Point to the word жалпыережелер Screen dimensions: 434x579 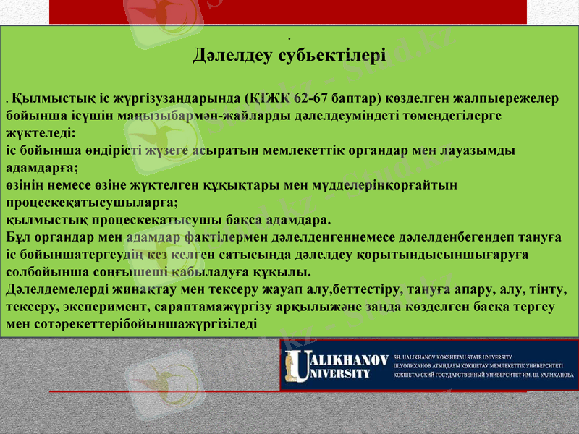point(512,101)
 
